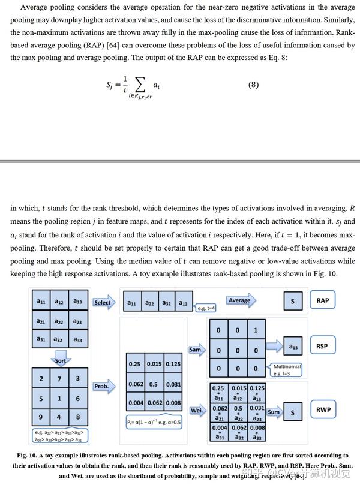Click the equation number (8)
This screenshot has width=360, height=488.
(x=253, y=85)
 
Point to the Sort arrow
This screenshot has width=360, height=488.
(x=61, y=360)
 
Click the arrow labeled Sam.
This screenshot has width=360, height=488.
(x=196, y=349)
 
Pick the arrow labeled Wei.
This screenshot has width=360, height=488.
(x=196, y=411)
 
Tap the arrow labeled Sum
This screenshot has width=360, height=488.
(x=274, y=412)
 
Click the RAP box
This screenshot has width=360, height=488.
(x=323, y=300)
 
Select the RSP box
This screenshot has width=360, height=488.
(x=322, y=347)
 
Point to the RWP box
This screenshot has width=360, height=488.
(x=322, y=410)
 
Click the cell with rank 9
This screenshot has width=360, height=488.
(x=41, y=417)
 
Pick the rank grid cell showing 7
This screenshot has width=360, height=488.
(x=59, y=379)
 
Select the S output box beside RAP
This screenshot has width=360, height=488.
(x=292, y=301)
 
